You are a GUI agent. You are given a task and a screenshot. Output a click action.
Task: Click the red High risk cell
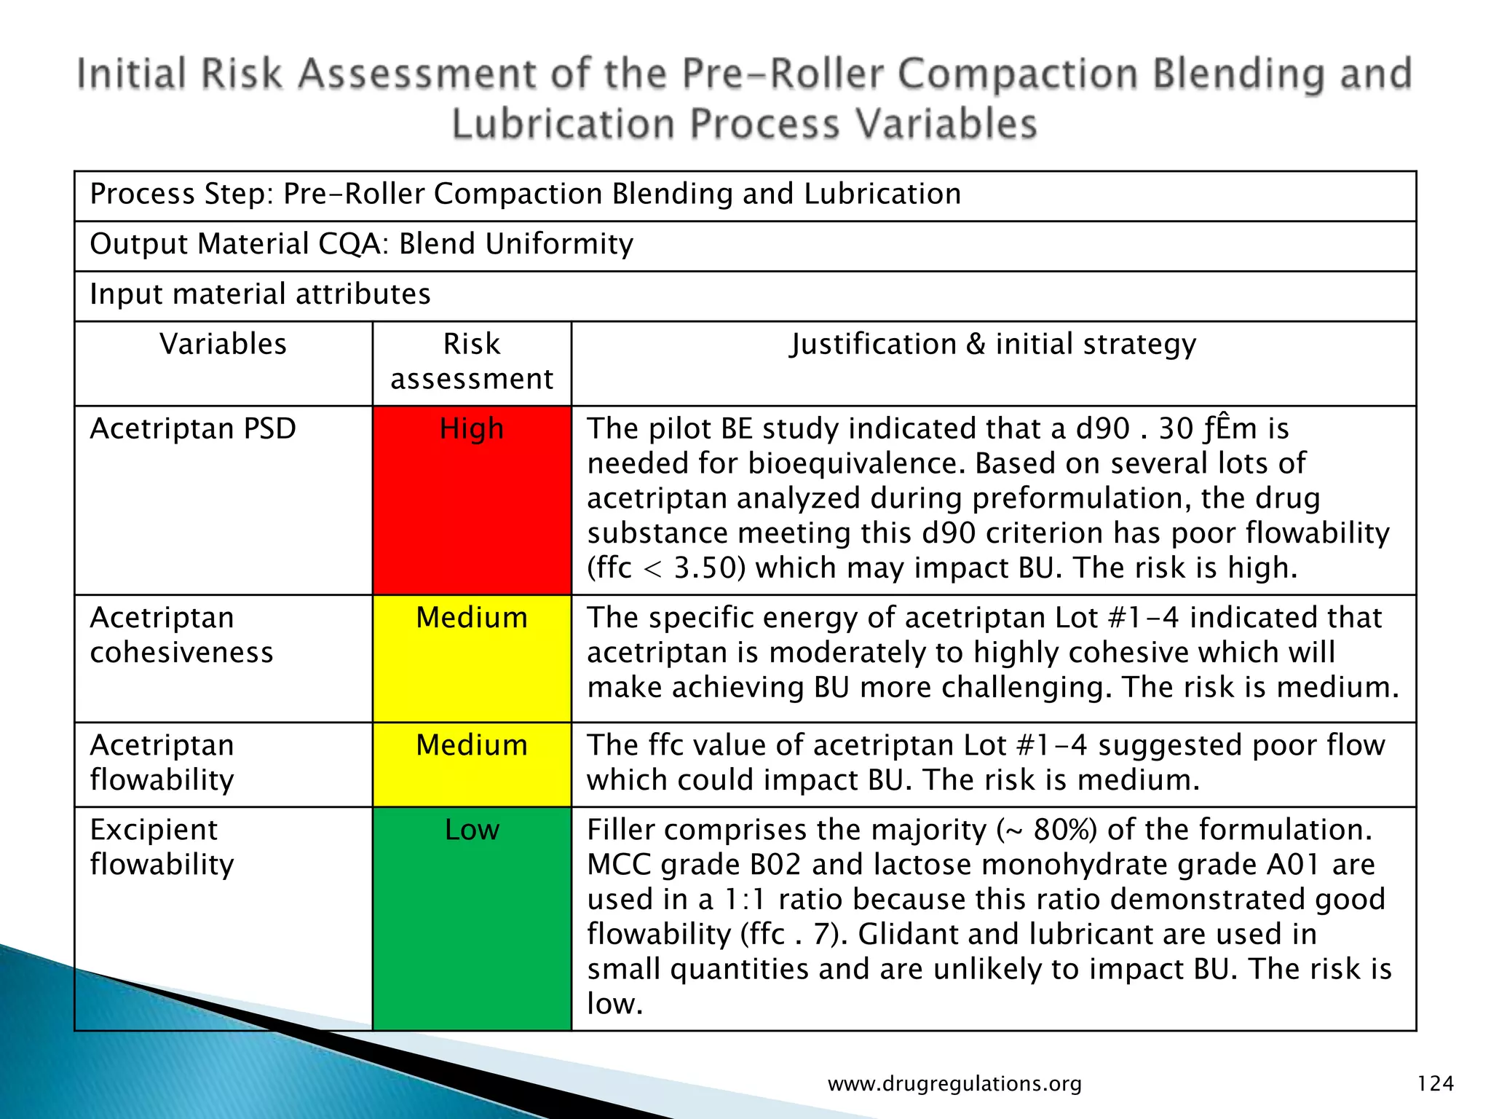point(472,500)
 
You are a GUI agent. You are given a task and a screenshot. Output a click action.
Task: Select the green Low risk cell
point(472,918)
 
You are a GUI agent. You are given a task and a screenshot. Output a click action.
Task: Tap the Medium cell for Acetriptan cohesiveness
point(472,659)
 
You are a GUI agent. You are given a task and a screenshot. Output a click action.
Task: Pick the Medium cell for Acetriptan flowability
point(472,764)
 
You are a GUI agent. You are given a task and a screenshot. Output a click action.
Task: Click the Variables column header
point(224,345)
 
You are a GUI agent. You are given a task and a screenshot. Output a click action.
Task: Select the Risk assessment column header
point(472,362)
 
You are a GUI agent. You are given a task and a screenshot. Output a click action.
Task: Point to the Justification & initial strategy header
point(993,345)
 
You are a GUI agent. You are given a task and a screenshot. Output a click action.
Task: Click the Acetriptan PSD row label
point(193,429)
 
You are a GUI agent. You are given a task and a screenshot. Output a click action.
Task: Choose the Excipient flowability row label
point(162,847)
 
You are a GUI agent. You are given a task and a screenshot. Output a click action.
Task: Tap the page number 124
point(1435,1084)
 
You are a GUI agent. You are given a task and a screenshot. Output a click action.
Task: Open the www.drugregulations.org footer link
point(954,1084)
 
